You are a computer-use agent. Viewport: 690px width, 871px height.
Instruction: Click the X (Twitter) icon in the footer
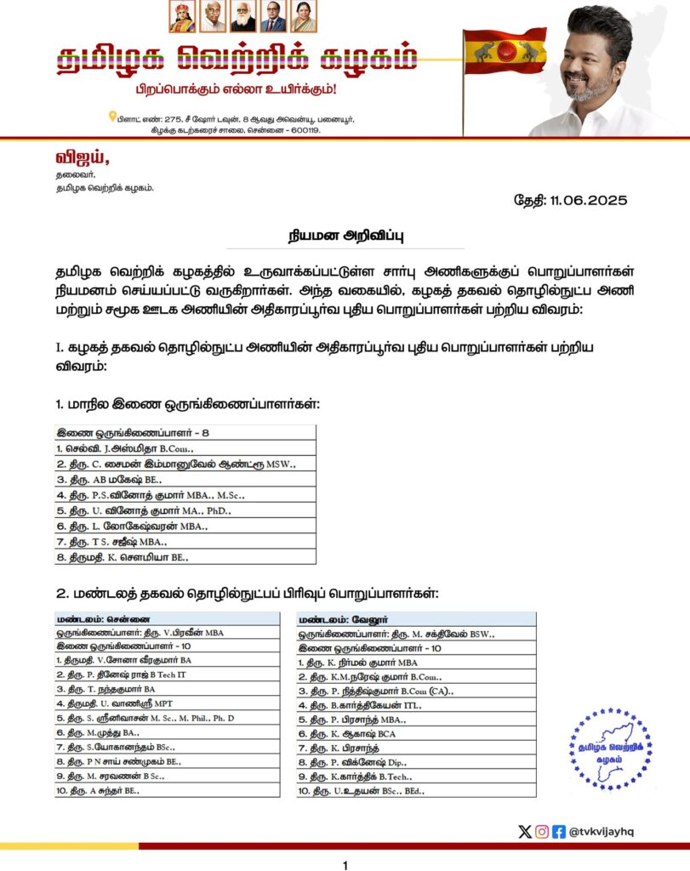525,831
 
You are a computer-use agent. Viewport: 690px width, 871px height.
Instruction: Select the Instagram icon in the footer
542,831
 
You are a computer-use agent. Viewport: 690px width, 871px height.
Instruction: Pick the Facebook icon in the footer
559,831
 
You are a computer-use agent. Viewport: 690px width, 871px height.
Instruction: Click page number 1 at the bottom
345,865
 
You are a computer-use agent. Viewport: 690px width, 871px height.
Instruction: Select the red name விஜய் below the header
83,157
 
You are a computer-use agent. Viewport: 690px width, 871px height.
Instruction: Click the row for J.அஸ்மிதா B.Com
125,447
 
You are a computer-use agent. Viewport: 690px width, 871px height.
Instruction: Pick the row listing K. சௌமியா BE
123,556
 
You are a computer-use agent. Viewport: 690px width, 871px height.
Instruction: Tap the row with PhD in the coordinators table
144,510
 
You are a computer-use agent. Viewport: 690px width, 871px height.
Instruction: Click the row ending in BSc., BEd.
362,790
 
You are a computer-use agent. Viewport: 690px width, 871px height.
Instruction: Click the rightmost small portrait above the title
304,18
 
